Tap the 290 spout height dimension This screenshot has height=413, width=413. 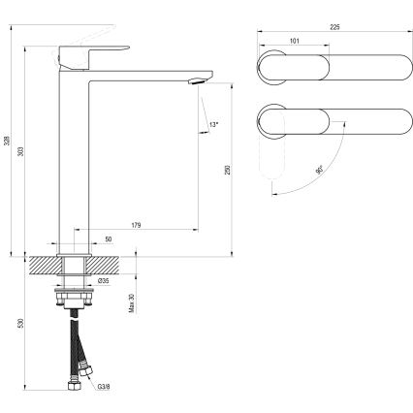(x=227, y=171)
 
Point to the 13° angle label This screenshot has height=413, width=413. (x=214, y=125)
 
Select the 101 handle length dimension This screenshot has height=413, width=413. (x=293, y=43)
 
